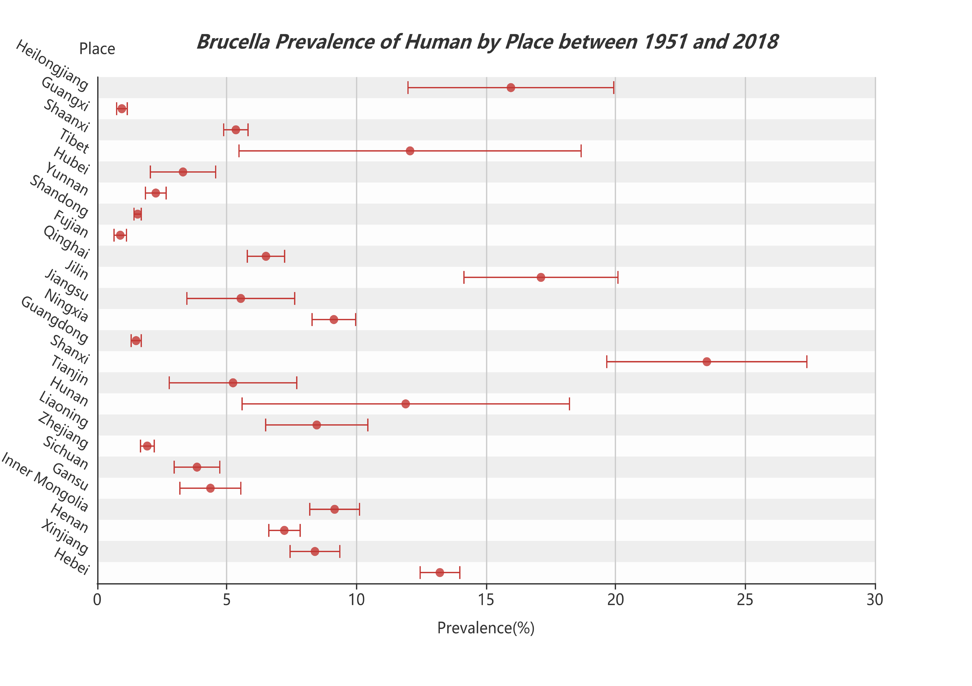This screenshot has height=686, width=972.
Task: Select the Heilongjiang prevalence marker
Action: coord(511,88)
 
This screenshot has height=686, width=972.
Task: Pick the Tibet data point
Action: coord(410,151)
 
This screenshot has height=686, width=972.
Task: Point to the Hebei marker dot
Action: coord(440,573)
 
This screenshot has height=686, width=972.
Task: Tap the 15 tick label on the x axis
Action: coord(486,600)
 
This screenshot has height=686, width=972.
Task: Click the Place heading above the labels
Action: coord(97,49)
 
